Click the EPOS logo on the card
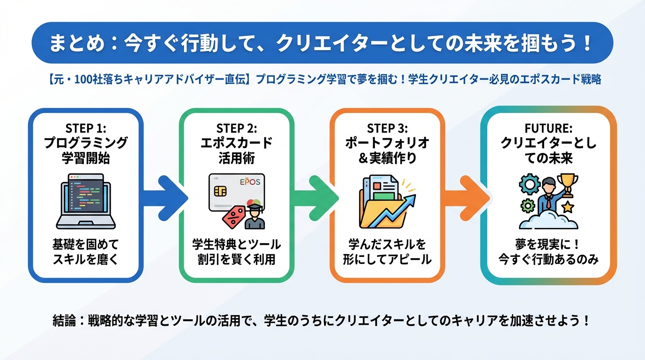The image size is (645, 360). pos(252,181)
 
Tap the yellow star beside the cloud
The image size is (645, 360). pos(568,207)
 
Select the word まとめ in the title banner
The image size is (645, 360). pos(76,44)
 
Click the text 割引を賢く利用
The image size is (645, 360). pos(236,259)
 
